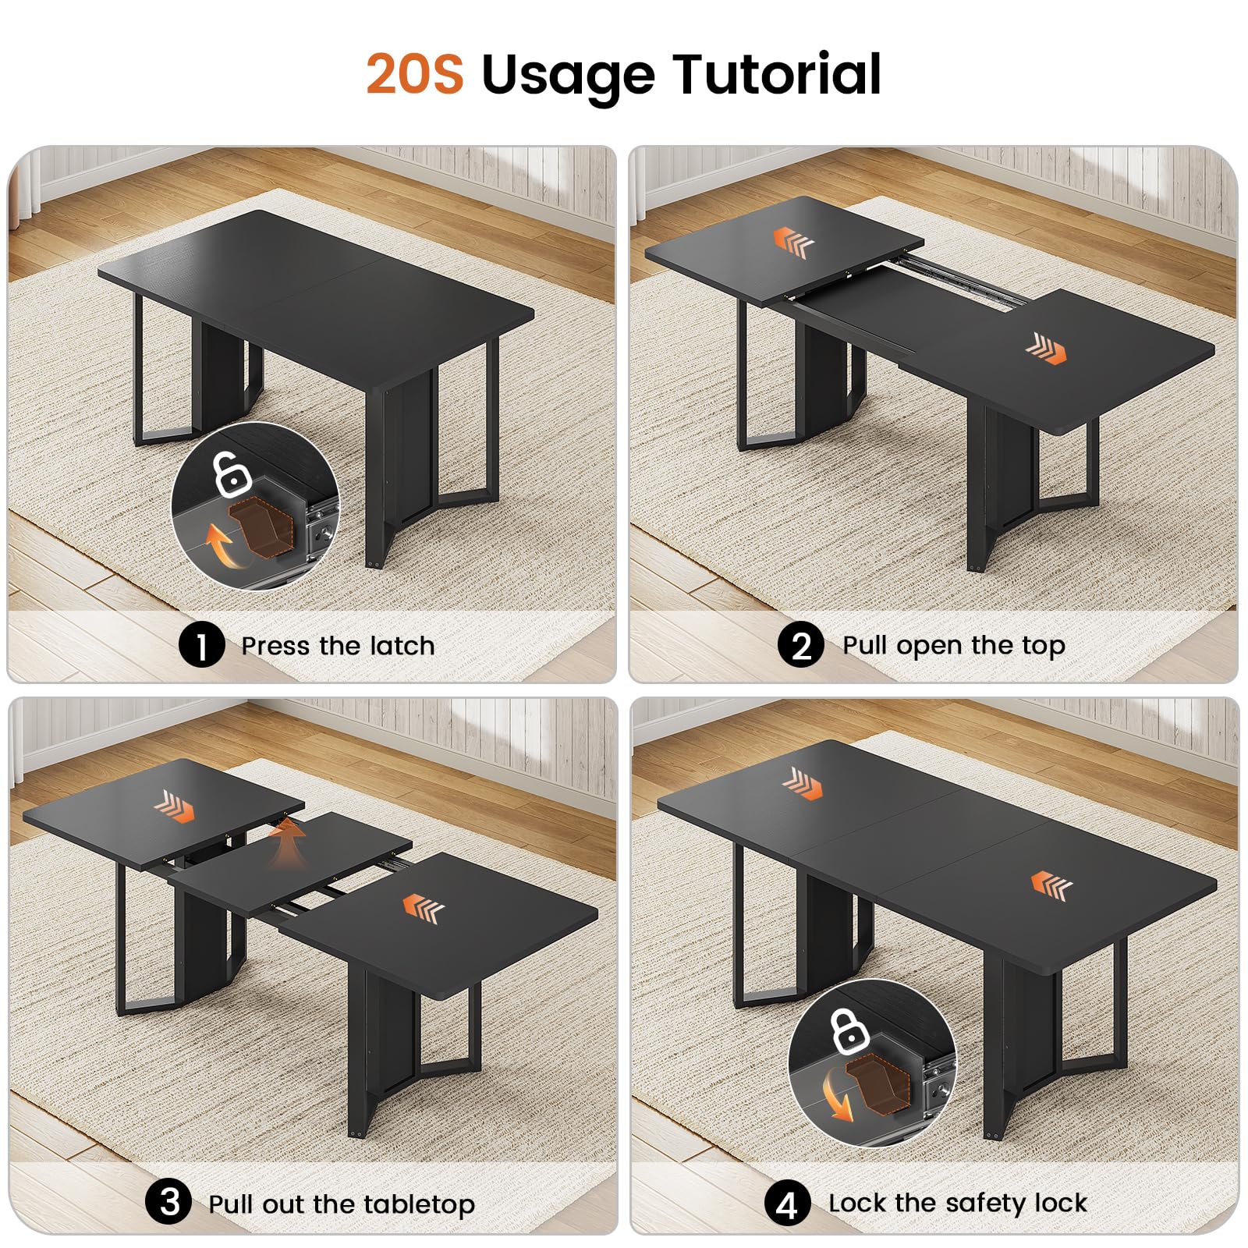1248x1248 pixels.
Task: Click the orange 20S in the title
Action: tap(415, 74)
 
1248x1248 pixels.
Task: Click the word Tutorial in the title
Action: tap(778, 74)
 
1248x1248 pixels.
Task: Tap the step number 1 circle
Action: tap(201, 646)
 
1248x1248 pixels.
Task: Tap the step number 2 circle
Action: tap(801, 645)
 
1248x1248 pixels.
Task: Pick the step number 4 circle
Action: tap(788, 1204)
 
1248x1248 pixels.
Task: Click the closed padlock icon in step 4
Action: tap(849, 1030)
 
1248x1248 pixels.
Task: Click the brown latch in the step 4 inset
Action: tap(878, 1083)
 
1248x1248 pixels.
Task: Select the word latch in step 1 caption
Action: tap(402, 646)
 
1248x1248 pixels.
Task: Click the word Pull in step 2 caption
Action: tap(865, 645)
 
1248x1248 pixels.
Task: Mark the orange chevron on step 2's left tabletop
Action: tap(793, 242)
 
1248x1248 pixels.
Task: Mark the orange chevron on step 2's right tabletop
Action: tap(1046, 349)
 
